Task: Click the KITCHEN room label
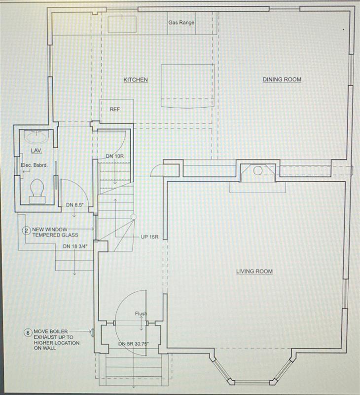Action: tap(136, 79)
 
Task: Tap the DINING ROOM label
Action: tap(282, 79)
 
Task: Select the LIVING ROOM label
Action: tap(254, 271)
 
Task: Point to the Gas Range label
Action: tap(181, 23)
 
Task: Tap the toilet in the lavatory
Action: tap(37, 191)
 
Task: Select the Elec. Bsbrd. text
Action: tap(34, 166)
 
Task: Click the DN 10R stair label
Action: tap(115, 156)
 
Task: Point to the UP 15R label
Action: tap(149, 237)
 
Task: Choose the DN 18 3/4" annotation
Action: tap(75, 246)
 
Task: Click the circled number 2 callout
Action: tap(27, 230)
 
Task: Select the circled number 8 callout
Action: tap(28, 332)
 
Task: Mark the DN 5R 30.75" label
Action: tap(134, 344)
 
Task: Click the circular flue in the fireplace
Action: tap(257, 171)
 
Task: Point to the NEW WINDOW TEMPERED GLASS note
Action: tap(55, 232)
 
